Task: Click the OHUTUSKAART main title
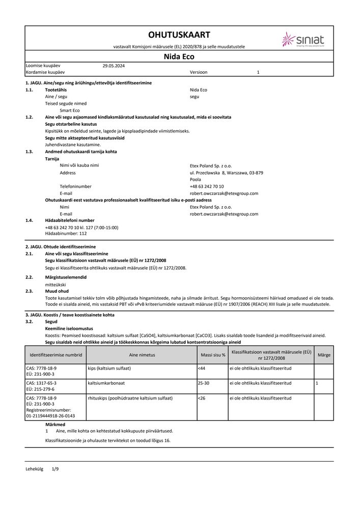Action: (x=179, y=35)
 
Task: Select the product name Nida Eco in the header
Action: (x=179, y=56)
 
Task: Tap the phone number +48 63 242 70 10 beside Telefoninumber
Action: (x=206, y=186)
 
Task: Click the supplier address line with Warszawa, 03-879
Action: (x=226, y=173)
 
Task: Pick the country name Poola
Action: (x=195, y=180)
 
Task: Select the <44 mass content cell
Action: (x=201, y=367)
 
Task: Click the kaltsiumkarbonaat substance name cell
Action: (x=106, y=382)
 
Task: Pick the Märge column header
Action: (x=323, y=354)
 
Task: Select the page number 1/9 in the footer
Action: (x=56, y=468)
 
